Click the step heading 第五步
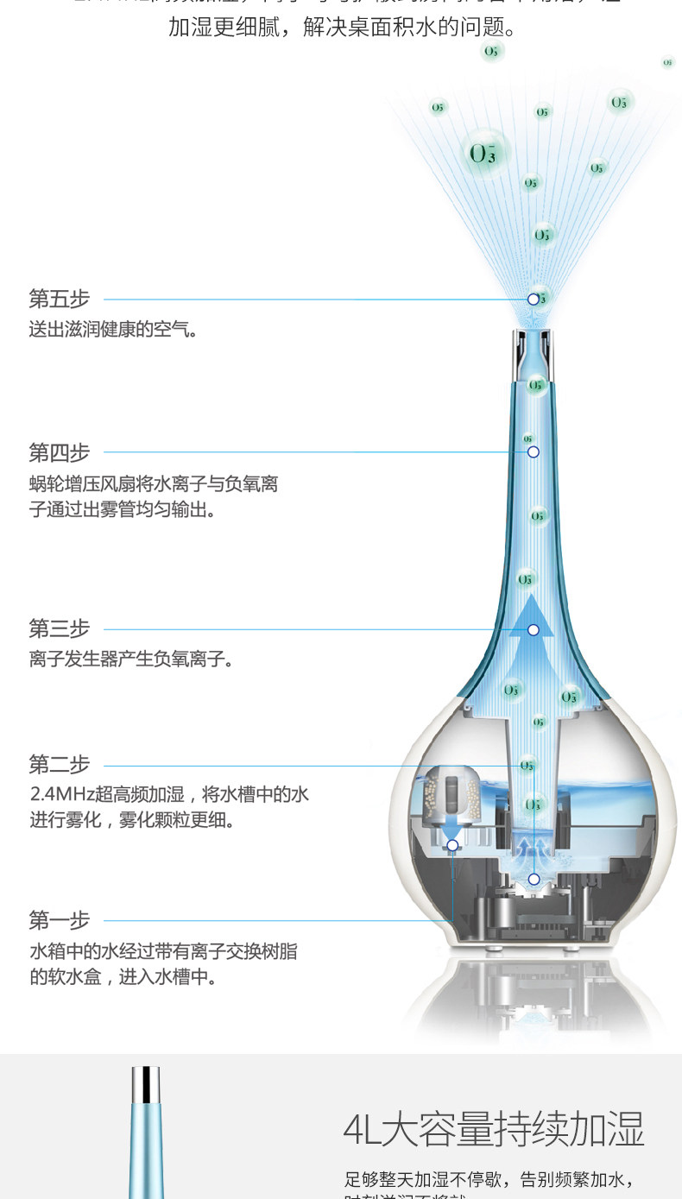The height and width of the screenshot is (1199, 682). [60, 300]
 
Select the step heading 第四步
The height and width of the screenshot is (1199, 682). [60, 452]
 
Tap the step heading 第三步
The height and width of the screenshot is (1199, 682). [60, 629]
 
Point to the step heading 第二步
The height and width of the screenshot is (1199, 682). [60, 765]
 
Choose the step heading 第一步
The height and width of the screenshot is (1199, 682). [60, 920]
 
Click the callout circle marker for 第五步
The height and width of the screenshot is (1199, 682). [534, 300]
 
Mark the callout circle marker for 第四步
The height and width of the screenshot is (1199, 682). [534, 452]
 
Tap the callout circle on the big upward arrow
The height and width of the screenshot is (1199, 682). [534, 630]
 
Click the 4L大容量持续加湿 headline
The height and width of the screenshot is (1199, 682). [494, 1129]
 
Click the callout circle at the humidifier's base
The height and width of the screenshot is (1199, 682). [534, 879]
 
